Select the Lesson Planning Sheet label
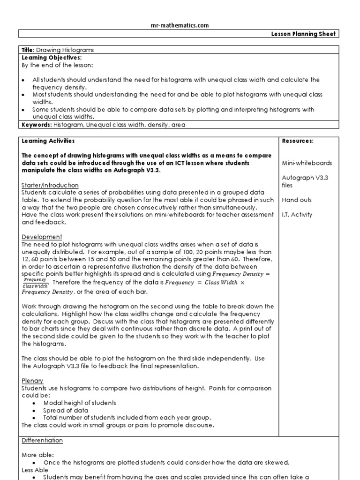[303, 34]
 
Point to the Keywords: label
[37, 125]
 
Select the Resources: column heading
[298, 141]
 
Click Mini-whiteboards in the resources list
[307, 163]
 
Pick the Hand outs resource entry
[296, 200]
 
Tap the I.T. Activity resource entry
[298, 215]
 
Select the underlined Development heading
[42, 237]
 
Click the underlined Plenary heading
[32, 381]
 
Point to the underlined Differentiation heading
[42, 441]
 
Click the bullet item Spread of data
[66, 410]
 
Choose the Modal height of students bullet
[79, 403]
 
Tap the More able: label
[37, 455]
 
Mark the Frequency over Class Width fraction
[35, 282]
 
